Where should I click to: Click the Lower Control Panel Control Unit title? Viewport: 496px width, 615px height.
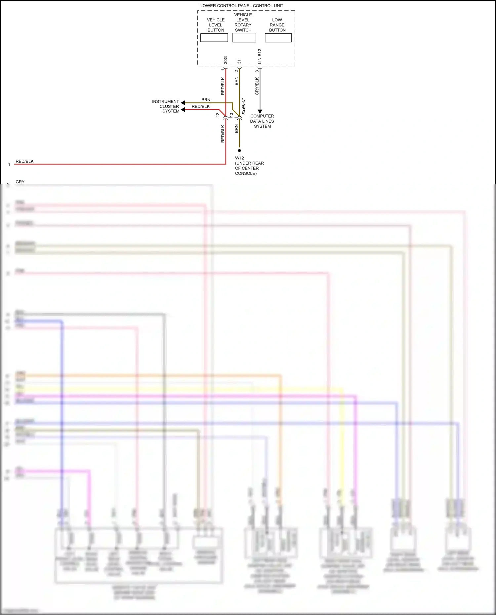pos(241,6)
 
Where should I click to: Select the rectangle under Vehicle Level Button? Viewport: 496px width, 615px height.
pos(214,38)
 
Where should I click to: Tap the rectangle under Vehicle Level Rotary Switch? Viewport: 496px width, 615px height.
pos(244,38)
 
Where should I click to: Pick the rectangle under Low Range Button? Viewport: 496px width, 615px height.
pos(278,38)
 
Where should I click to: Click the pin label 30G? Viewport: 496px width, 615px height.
pos(226,60)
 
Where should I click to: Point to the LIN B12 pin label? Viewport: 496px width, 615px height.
pos(260,57)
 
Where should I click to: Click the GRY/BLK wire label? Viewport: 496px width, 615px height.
pos(257,86)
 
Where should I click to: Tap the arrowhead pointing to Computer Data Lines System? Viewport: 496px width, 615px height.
pos(260,111)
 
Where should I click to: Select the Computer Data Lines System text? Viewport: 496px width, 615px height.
pos(262,121)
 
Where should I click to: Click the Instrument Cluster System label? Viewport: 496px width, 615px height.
pos(166,106)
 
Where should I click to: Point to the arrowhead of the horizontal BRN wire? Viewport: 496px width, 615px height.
pos(183,103)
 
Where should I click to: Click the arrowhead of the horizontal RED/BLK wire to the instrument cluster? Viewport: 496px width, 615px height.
pos(183,109)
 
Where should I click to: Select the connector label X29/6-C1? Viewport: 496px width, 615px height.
pos(243,106)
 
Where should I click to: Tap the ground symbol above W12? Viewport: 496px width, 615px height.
pos(239,151)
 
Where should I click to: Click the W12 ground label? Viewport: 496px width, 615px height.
pos(239,158)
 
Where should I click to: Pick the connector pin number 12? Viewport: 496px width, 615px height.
pos(218,115)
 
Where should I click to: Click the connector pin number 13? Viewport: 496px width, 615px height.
pos(231,115)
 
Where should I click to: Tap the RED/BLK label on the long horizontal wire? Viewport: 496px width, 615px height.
pos(24,161)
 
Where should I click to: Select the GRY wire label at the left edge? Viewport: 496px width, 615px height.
pos(20,182)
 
